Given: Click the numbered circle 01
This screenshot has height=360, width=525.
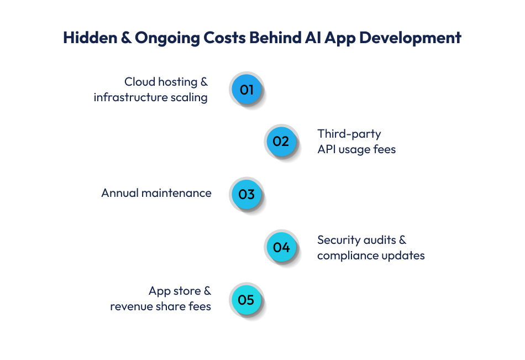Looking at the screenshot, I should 246,89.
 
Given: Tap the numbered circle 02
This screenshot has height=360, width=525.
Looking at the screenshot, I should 281,141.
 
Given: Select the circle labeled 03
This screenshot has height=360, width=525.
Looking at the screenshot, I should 246,194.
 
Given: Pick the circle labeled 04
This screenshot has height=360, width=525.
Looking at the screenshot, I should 281,247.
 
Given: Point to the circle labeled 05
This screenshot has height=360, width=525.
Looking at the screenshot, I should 246,300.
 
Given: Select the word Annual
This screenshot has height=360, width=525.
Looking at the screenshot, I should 119,193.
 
